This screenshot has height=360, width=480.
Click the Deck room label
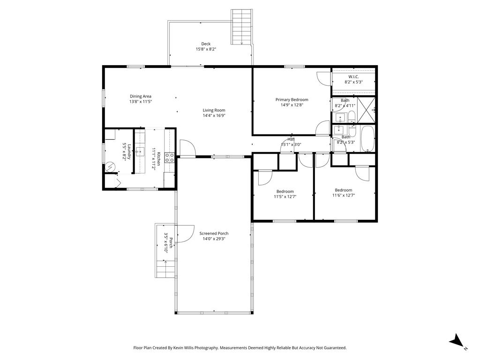pyautogui.click(x=206, y=44)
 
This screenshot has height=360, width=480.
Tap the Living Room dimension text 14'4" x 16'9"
pyautogui.click(x=214, y=115)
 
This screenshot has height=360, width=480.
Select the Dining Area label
pyautogui.click(x=141, y=96)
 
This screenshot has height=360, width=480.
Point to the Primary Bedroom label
pyautogui.click(x=292, y=99)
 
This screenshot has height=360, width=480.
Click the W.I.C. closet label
pyautogui.click(x=353, y=77)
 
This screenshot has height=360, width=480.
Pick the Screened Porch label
pyautogui.click(x=214, y=233)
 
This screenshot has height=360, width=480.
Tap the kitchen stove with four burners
pyautogui.click(x=170, y=157)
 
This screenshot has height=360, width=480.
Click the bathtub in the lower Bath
pyautogui.click(x=367, y=139)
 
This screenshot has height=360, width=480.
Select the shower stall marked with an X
pyautogui.click(x=366, y=110)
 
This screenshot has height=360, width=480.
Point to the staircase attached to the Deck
pyautogui.click(x=242, y=27)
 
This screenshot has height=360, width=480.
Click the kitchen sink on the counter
pyautogui.click(x=141, y=151)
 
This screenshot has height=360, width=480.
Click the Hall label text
pyautogui.click(x=291, y=139)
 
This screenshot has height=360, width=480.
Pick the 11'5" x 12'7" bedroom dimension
pyautogui.click(x=285, y=196)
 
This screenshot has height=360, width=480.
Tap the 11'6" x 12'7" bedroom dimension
pyautogui.click(x=344, y=195)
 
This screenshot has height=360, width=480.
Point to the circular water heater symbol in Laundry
pyautogui.click(x=110, y=167)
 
